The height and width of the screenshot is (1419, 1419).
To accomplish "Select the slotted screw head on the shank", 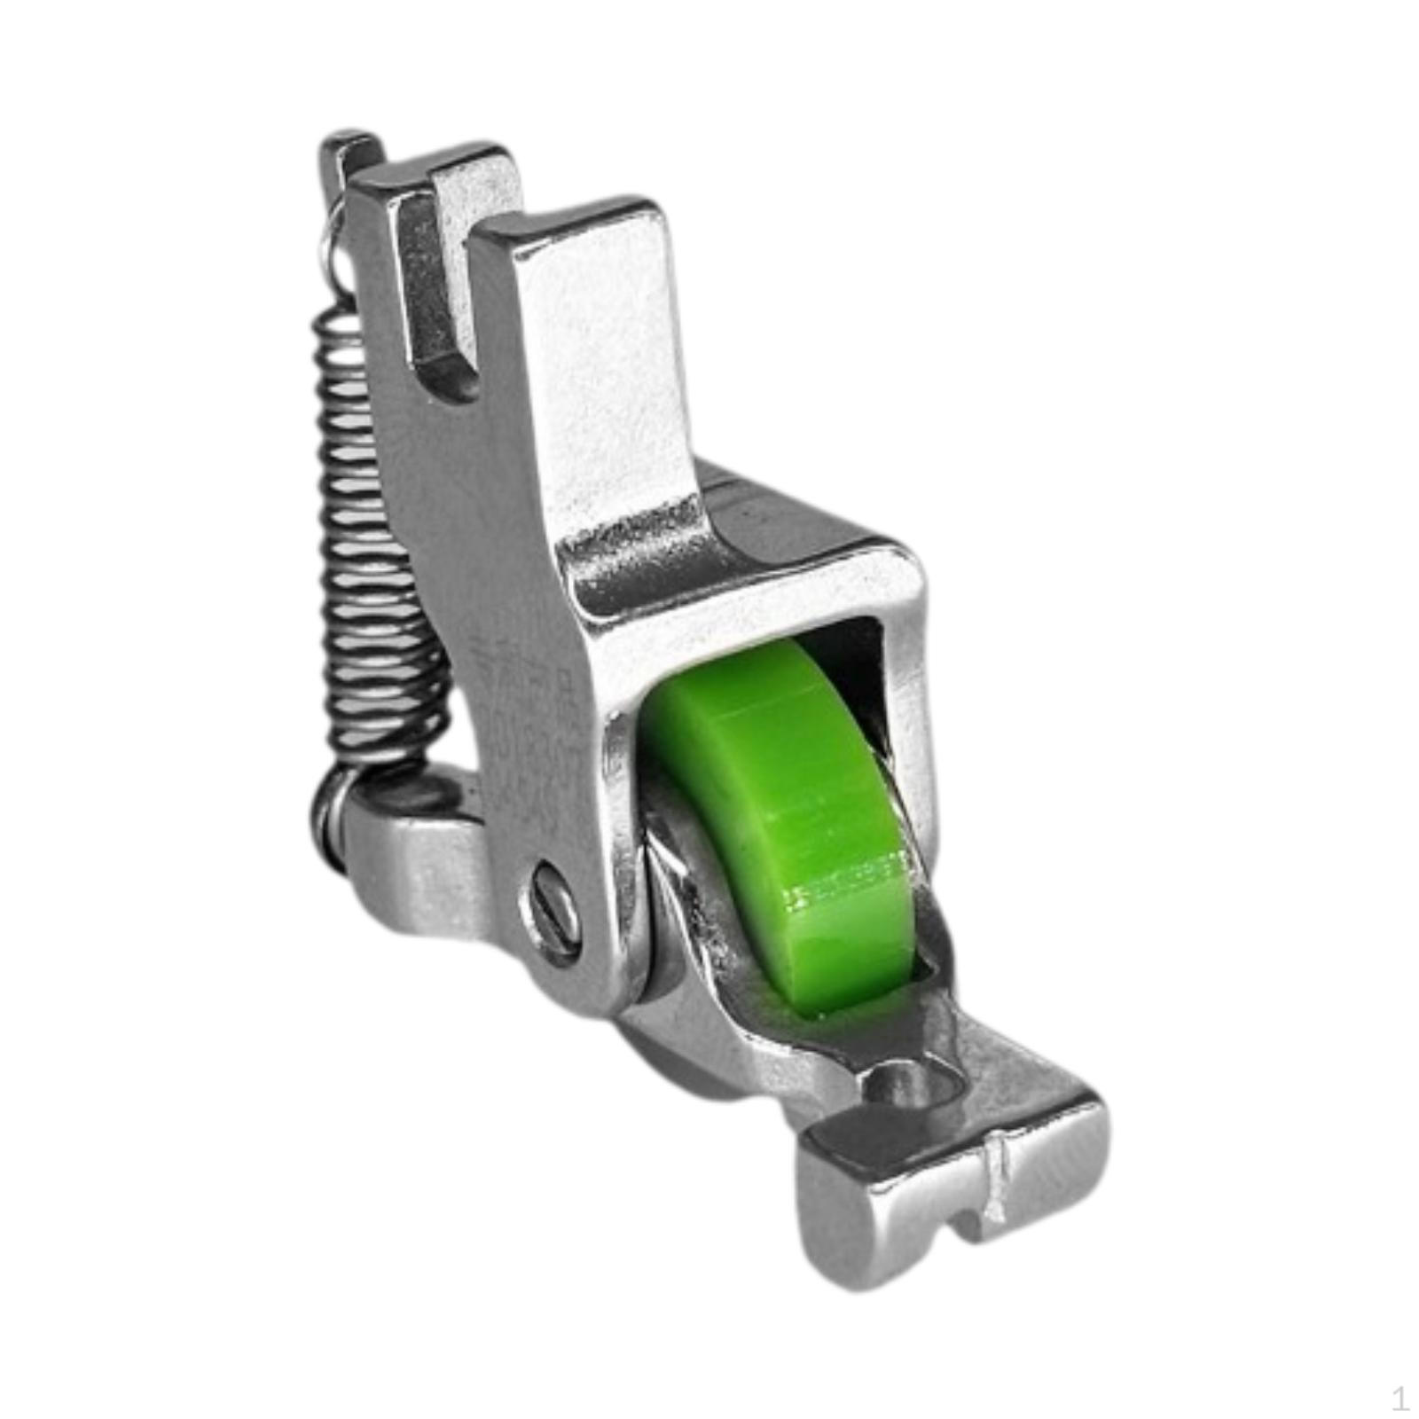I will (557, 913).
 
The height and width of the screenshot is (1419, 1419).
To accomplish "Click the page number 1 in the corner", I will (1400, 1399).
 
